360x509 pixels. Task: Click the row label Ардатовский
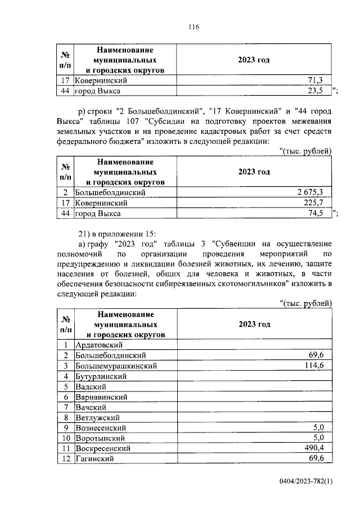[x=99, y=345]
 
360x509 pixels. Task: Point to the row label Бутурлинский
[x=101, y=376]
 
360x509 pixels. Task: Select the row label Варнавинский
[x=101, y=397]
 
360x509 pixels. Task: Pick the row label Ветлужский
[x=98, y=417]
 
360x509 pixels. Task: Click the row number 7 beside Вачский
[x=66, y=407]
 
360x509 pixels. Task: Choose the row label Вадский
[x=91, y=386]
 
